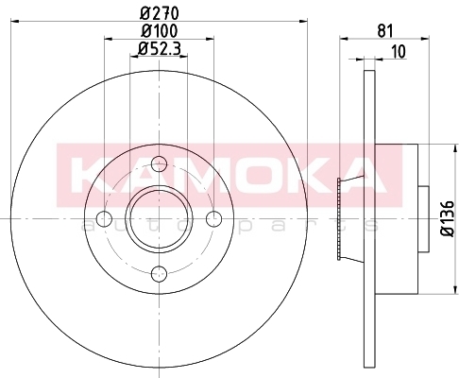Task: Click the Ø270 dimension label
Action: pyautogui.click(x=160, y=13)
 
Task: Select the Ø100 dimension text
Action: pyautogui.click(x=160, y=31)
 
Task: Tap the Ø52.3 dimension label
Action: pyautogui.click(x=160, y=48)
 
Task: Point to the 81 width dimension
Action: pyautogui.click(x=385, y=31)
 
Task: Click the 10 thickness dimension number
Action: pyautogui.click(x=399, y=52)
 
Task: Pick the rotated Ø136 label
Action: pyautogui.click(x=447, y=218)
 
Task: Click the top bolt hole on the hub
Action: pyautogui.click(x=159, y=163)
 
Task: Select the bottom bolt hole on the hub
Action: pyautogui.click(x=159, y=273)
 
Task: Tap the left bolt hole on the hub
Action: pyautogui.click(x=104, y=218)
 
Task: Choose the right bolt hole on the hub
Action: pyautogui.click(x=213, y=218)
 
